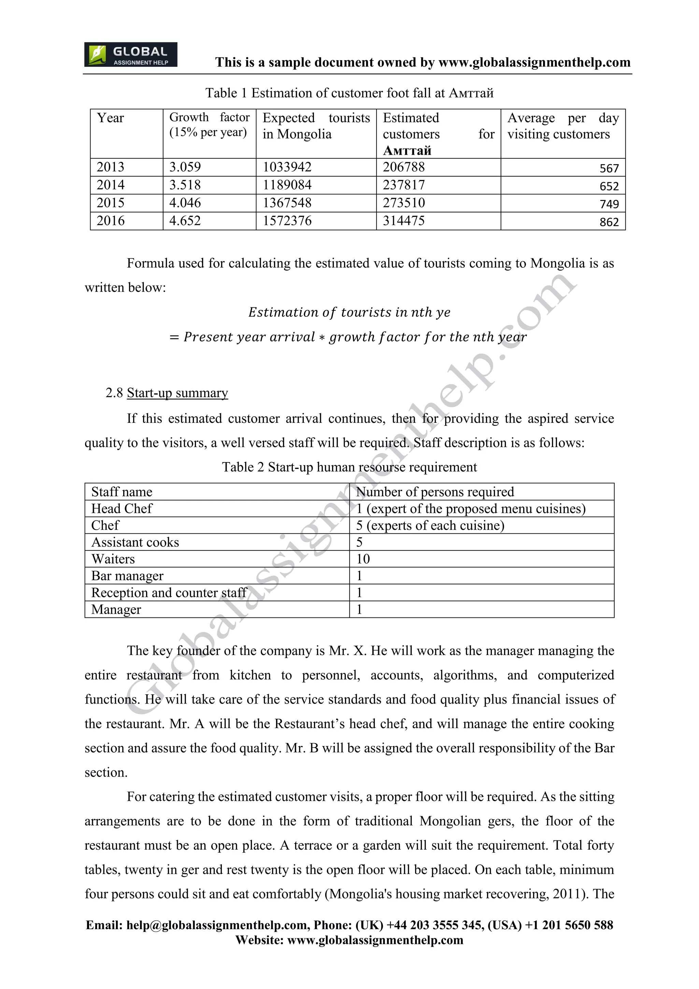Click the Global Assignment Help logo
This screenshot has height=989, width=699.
coord(130,55)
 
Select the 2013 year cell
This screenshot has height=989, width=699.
coord(110,167)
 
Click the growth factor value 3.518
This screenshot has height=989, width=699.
coord(185,185)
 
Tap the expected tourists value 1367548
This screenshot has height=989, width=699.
coord(287,203)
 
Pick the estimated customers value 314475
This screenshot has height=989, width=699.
coord(403,221)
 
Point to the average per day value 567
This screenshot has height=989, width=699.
coord(609,168)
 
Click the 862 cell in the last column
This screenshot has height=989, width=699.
coord(609,222)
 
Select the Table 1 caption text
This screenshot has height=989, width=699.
coord(349,93)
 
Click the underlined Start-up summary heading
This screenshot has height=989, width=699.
coord(177,393)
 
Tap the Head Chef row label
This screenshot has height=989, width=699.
coord(122,509)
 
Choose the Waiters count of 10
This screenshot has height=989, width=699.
coord(363,559)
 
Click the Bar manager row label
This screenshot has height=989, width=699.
coord(127,576)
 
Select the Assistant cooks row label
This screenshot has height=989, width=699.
coord(135,542)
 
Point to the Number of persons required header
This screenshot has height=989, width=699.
coord(435,492)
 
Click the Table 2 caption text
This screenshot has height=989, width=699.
coord(349,468)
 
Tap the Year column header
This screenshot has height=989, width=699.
coord(110,118)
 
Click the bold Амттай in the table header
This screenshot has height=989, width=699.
coord(407,150)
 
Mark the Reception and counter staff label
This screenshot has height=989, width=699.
coord(168,593)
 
